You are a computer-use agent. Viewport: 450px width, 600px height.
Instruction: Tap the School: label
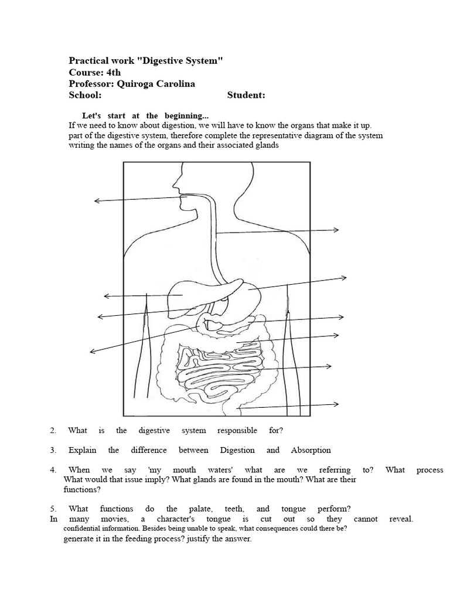(x=86, y=96)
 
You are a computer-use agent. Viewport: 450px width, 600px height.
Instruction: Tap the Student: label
(x=246, y=96)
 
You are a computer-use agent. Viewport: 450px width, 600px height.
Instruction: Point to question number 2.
(x=53, y=431)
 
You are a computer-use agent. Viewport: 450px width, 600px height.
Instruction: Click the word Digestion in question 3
(x=237, y=451)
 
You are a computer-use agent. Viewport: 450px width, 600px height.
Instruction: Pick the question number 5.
(x=53, y=509)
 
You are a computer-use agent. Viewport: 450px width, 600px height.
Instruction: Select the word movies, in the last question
(x=115, y=519)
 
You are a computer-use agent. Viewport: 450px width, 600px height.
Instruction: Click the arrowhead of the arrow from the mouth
(x=96, y=201)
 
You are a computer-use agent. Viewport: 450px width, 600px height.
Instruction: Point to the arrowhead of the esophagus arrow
(x=338, y=230)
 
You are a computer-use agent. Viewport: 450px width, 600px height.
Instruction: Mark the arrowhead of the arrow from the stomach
(x=345, y=277)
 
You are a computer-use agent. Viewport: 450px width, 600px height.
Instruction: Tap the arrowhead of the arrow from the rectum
(x=337, y=404)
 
